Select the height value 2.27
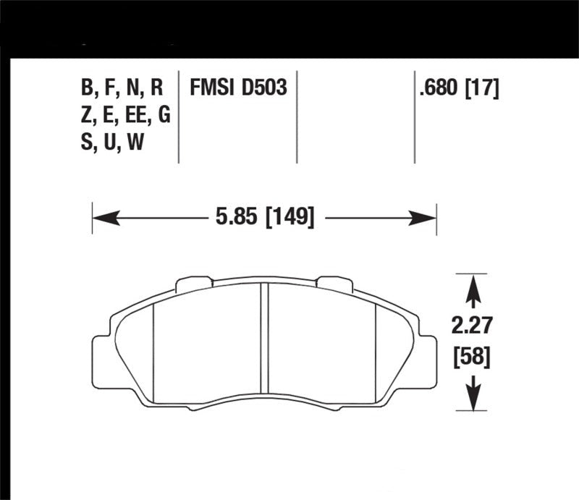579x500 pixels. pos(472,326)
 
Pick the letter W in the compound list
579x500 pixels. pos(135,143)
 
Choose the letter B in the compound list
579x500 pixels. pos(88,88)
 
